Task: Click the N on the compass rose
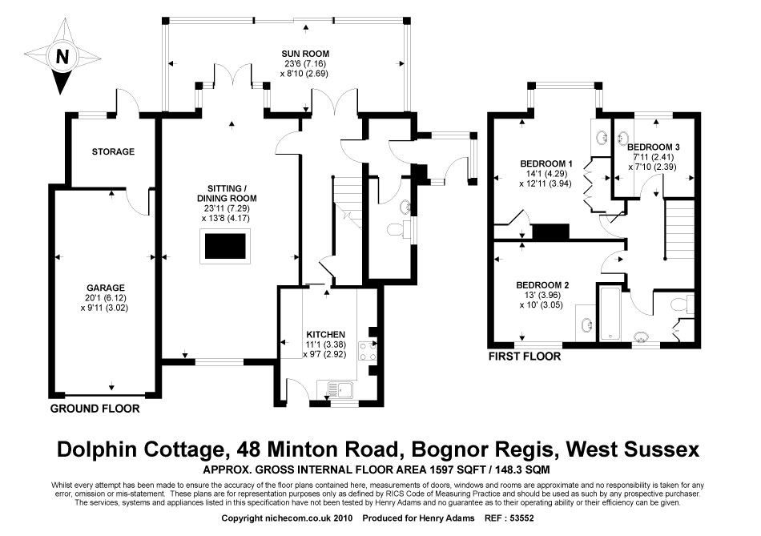pos(61,56)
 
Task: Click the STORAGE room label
pos(113,151)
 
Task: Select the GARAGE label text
pos(107,287)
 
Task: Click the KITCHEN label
pos(325,334)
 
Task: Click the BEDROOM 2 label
pos(542,284)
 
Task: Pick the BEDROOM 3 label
pos(654,147)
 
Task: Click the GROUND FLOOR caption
pos(95,409)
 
